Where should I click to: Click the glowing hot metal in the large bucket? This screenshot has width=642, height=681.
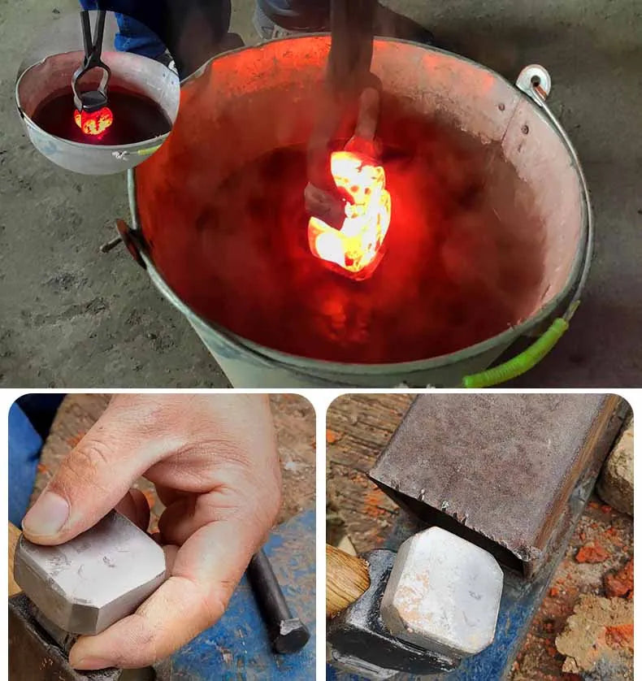click(351, 211)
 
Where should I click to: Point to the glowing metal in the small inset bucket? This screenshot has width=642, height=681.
click(93, 120)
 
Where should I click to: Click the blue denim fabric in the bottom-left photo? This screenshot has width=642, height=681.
click(24, 463)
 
